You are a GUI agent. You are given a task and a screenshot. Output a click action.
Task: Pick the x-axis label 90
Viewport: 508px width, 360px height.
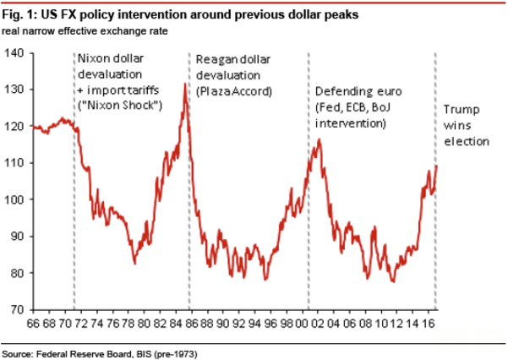pyautogui.click(x=222, y=324)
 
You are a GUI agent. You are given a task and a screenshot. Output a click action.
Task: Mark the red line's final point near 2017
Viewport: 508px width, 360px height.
pyautogui.click(x=436, y=166)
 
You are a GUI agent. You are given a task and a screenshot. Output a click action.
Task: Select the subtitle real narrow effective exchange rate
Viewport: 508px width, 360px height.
pyautogui.click(x=82, y=31)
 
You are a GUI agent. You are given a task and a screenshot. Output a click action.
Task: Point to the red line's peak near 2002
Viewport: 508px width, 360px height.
pyautogui.click(x=319, y=139)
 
